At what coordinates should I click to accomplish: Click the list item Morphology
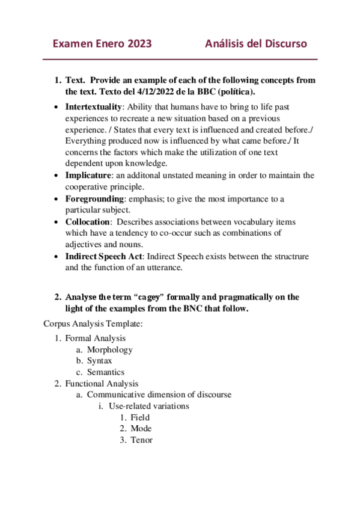tap(109, 349)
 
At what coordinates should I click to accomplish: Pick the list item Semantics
tap(106, 372)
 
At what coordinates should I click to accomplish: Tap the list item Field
tap(140, 417)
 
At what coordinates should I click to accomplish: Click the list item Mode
tap(141, 429)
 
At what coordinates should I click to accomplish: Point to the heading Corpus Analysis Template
tap(93, 324)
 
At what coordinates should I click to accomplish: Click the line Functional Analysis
tap(102, 383)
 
